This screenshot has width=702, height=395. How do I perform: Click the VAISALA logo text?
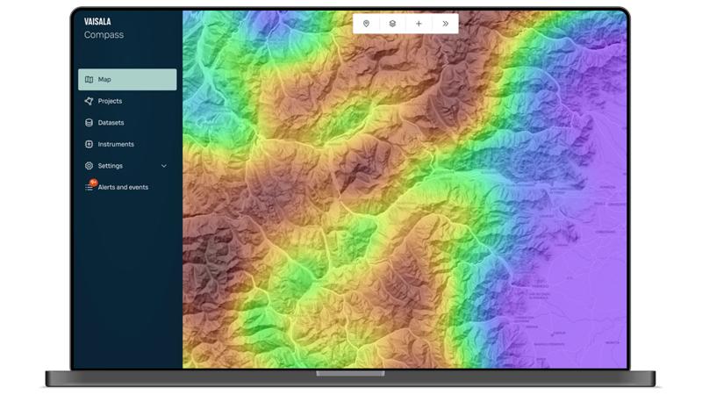click(97, 21)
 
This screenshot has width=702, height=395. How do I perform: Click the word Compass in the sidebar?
click(104, 35)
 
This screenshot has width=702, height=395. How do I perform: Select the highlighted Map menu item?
click(127, 80)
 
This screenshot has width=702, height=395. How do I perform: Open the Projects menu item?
click(110, 101)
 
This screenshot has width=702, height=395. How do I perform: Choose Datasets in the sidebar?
click(111, 123)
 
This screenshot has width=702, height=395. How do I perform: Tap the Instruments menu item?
click(116, 144)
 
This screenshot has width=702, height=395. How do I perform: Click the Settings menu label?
click(111, 166)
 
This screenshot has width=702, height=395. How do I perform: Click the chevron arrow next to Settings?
click(164, 166)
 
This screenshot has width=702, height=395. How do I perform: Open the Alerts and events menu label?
click(123, 187)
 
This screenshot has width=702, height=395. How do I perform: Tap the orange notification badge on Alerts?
click(92, 183)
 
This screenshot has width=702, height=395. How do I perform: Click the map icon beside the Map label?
click(89, 80)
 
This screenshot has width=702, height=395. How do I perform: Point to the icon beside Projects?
click(89, 101)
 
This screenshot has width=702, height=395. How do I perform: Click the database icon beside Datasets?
click(89, 123)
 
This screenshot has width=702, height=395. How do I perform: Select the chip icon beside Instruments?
click(89, 144)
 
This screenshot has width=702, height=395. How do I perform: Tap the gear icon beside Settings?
click(89, 166)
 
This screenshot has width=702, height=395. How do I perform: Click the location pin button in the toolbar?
click(366, 24)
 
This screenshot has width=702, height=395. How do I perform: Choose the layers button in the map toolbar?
click(392, 24)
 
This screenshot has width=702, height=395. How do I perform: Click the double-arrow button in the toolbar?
click(446, 24)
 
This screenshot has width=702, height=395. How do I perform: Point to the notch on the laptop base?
click(350, 373)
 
